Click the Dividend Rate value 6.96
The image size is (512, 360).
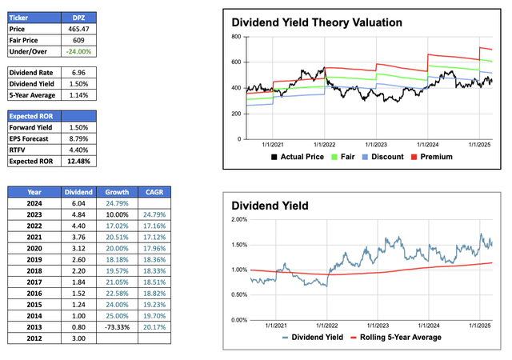click(77, 72)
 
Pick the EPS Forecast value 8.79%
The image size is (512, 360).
click(77, 138)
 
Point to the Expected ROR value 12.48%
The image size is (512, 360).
click(77, 162)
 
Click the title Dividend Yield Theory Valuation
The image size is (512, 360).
click(317, 23)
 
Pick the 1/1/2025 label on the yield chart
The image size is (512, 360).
click(479, 326)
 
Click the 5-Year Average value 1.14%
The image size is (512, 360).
click(77, 96)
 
